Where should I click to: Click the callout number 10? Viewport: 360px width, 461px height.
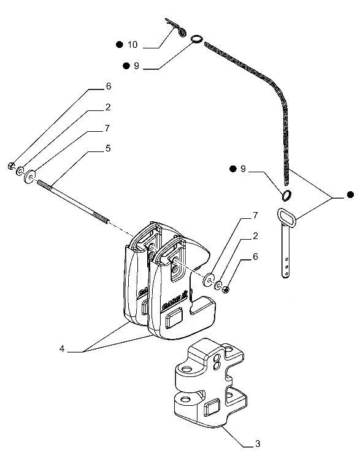[132, 45]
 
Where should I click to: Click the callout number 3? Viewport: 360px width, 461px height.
[258, 443]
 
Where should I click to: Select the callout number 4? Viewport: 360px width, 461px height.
[62, 349]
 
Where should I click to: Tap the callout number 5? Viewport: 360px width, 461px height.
[108, 148]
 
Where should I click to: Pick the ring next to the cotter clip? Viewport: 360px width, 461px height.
[197, 39]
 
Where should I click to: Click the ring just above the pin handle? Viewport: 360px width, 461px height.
[286, 196]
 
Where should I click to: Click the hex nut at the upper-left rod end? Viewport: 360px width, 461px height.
[11, 166]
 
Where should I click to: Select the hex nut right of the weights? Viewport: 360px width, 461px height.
[226, 290]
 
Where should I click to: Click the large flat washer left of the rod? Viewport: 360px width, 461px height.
[29, 177]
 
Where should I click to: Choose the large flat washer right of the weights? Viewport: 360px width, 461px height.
[209, 280]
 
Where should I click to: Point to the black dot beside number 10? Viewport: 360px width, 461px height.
[119, 44]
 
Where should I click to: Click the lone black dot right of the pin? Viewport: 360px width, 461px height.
[350, 194]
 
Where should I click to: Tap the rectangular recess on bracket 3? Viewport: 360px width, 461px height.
[212, 407]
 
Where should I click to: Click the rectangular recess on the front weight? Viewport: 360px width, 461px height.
[174, 318]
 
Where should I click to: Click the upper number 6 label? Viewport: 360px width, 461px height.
[109, 86]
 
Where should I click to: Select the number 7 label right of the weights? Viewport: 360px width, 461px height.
[255, 216]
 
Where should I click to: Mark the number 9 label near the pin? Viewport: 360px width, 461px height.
[243, 169]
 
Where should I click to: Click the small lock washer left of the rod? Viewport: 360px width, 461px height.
[20, 171]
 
